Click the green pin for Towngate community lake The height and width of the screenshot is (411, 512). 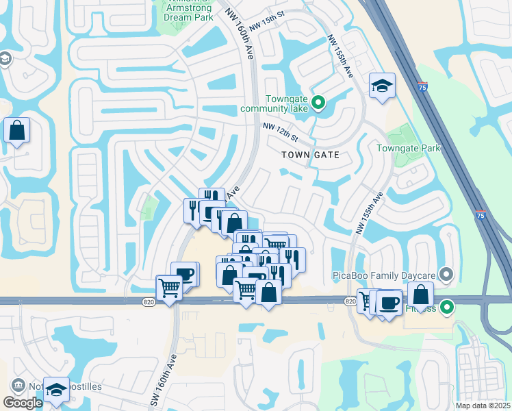[x=318, y=103]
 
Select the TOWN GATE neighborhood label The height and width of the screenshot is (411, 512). [x=311, y=155]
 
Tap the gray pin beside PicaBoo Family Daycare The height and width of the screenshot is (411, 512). [x=447, y=275]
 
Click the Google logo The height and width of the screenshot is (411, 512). [x=23, y=403]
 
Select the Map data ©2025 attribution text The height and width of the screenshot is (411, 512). [x=483, y=406]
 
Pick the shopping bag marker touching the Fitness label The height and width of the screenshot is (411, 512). [x=420, y=295]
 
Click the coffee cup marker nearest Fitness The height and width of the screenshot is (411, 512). [x=389, y=303]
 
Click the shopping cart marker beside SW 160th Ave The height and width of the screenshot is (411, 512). [x=168, y=288]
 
